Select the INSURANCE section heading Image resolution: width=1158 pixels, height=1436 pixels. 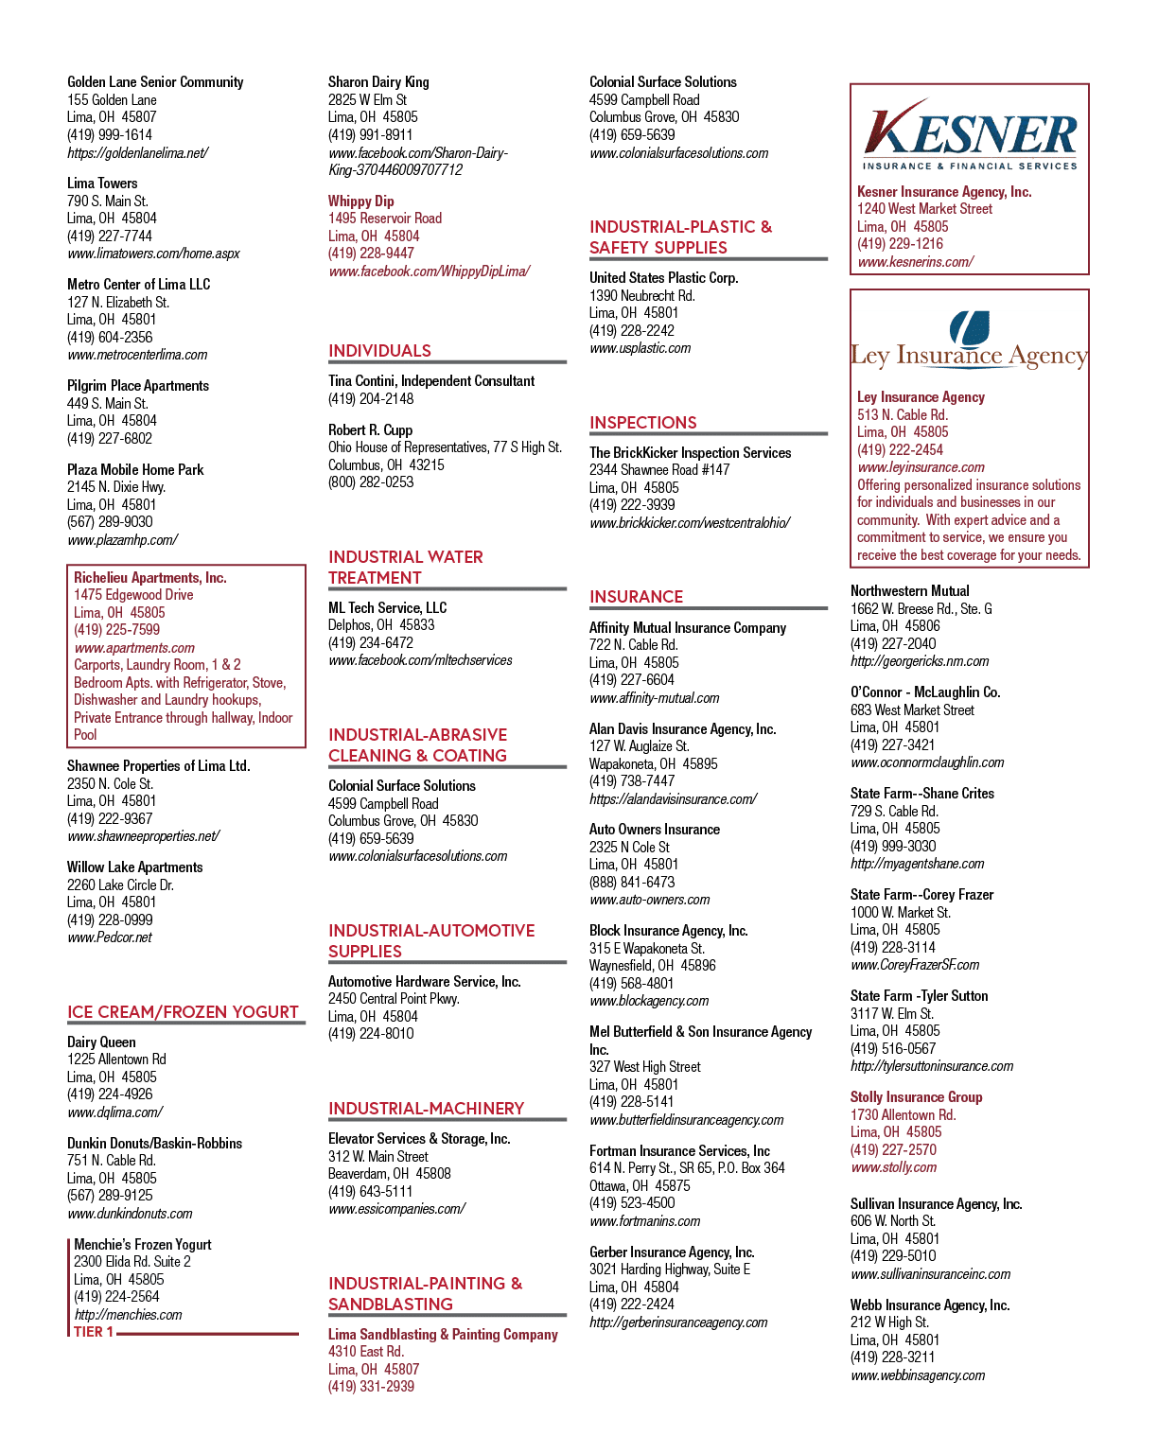click(636, 597)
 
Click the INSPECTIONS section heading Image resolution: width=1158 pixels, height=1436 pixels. click(642, 423)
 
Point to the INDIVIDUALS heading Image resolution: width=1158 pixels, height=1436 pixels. click(379, 350)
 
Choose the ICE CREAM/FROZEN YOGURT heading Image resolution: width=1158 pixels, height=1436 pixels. click(183, 1011)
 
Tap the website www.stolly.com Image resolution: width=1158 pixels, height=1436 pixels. click(893, 1167)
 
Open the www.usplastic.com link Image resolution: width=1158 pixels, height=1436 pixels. click(640, 348)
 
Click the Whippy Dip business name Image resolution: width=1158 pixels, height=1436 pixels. click(361, 201)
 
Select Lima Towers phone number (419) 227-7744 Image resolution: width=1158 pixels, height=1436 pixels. click(110, 236)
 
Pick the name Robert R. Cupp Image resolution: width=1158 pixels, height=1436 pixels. click(371, 429)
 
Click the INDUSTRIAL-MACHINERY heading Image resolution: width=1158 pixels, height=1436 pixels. click(426, 1108)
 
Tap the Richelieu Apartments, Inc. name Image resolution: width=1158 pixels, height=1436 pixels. click(150, 577)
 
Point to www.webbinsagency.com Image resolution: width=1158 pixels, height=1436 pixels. click(918, 1375)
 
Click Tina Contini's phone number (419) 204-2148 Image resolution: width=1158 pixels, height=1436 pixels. click(371, 398)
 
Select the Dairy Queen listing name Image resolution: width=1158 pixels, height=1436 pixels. click(101, 1042)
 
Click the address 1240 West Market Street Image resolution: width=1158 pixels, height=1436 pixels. click(924, 209)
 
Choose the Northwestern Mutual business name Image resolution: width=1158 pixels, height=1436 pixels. click(910, 590)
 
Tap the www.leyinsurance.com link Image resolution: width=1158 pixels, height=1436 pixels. click(921, 467)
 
